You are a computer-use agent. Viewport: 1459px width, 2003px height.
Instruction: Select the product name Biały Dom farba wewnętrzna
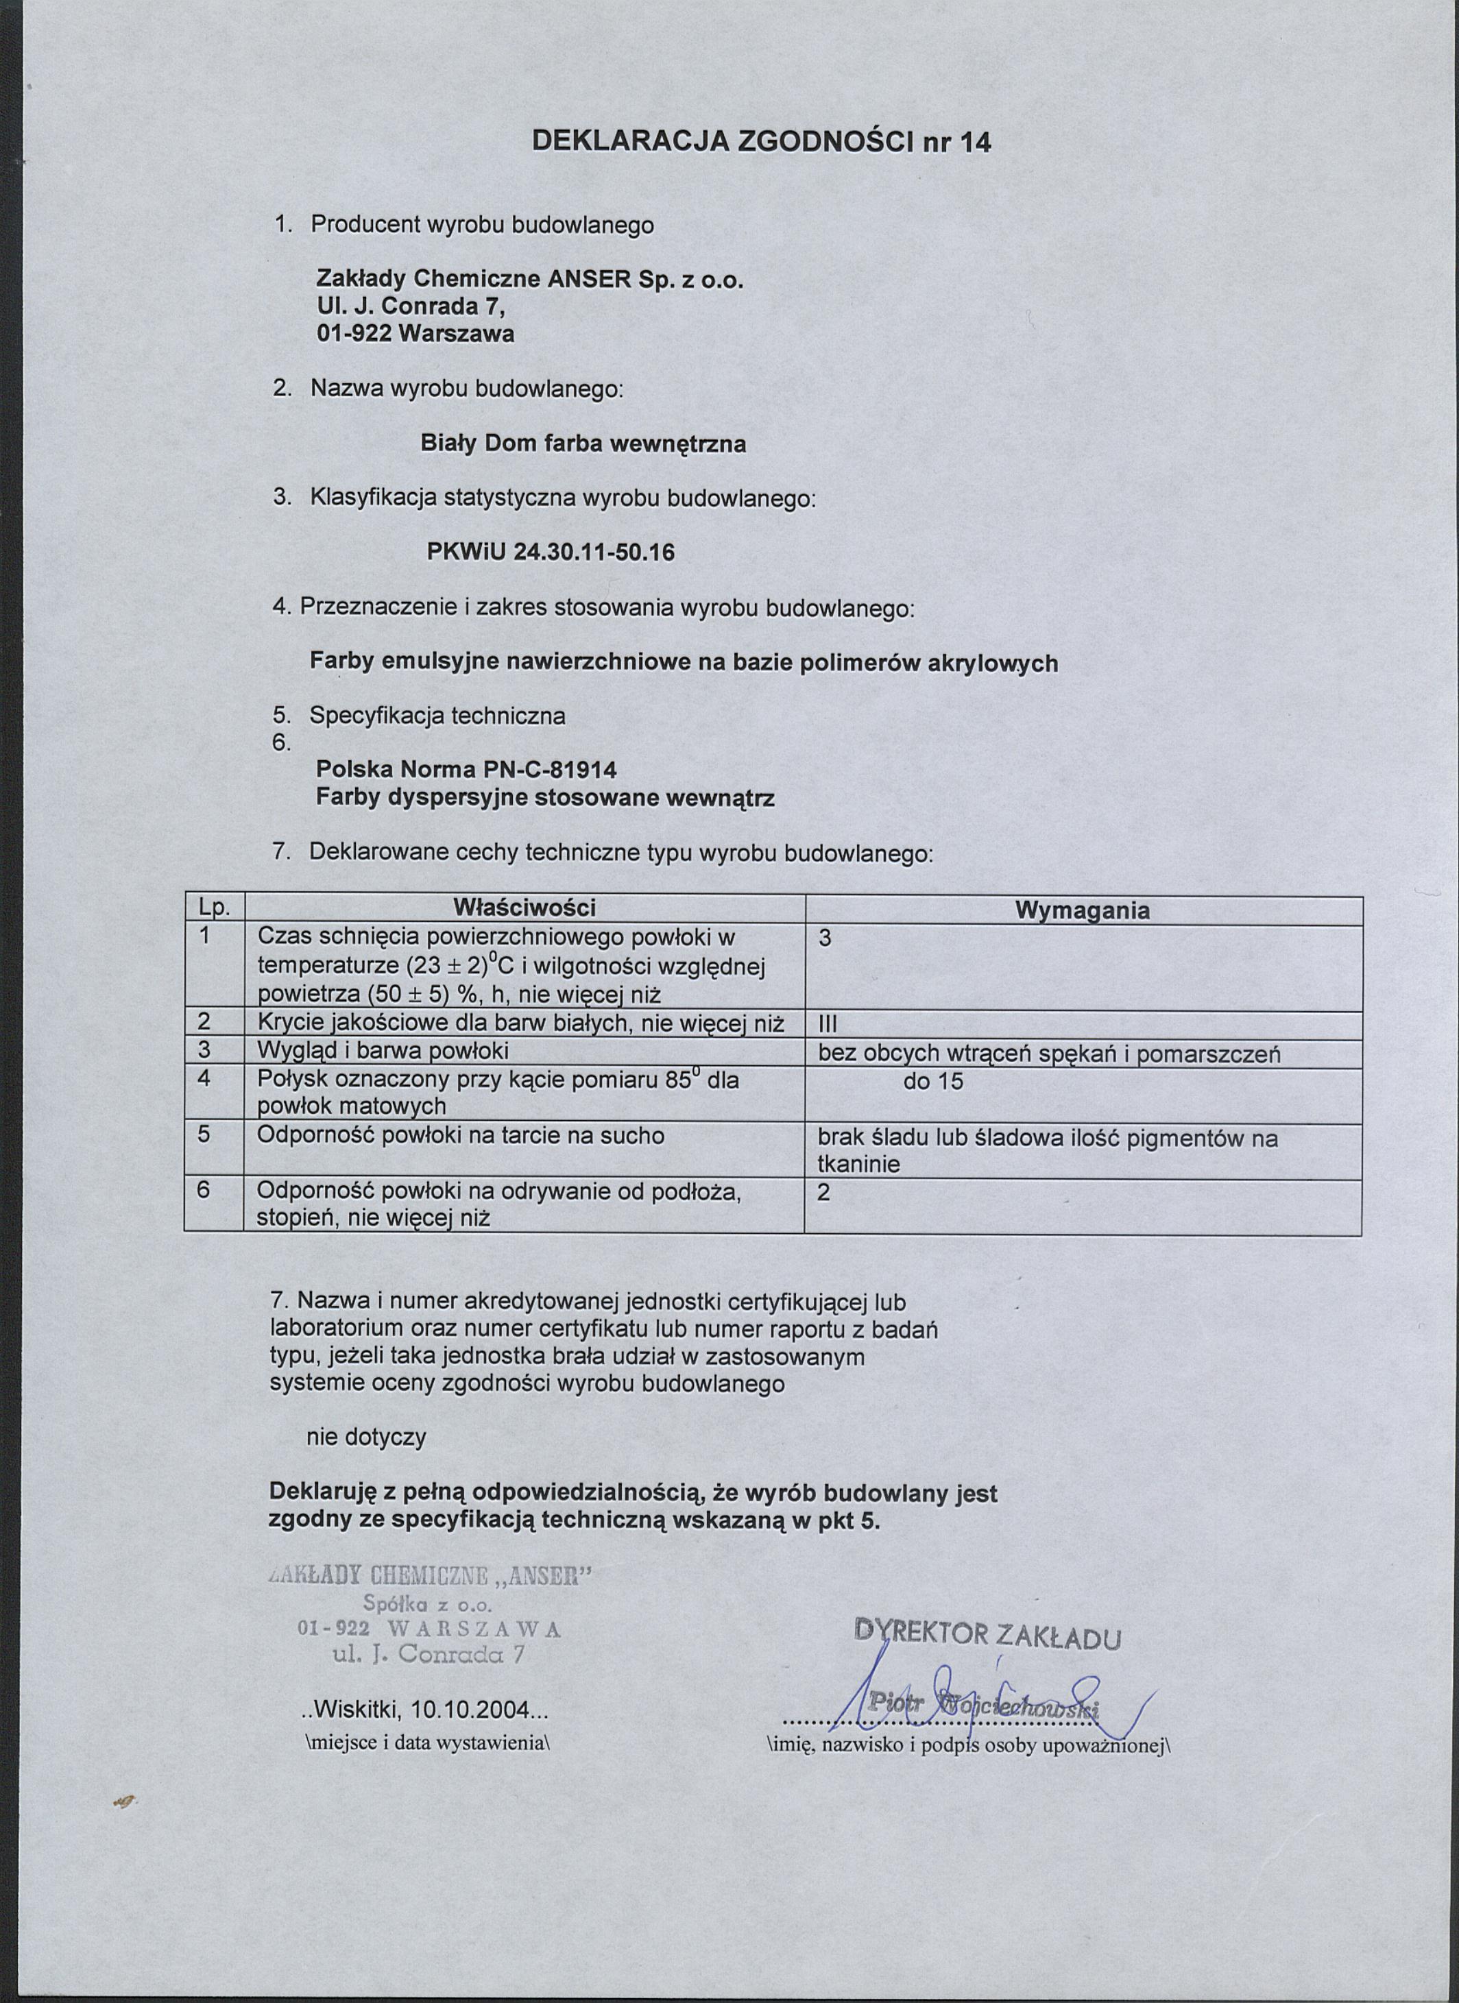pyautogui.click(x=583, y=444)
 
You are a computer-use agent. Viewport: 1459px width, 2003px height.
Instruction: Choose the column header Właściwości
pyautogui.click(x=524, y=908)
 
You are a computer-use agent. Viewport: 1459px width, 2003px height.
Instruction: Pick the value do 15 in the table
pyautogui.click(x=932, y=1081)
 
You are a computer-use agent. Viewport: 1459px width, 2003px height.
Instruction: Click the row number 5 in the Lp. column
pyautogui.click(x=204, y=1135)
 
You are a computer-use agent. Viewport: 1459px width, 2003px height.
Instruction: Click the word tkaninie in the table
pyautogui.click(x=858, y=1164)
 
